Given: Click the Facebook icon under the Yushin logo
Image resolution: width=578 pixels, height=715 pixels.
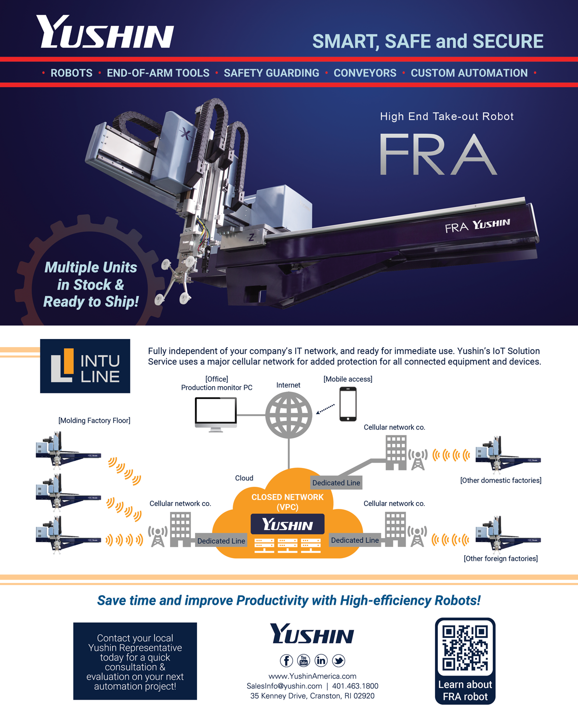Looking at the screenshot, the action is (x=286, y=660).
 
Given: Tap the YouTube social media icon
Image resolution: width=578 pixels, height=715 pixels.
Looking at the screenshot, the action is (x=303, y=660).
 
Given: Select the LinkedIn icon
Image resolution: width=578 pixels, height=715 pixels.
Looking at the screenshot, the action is (x=321, y=660).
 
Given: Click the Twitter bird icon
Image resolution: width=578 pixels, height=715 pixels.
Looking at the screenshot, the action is (x=339, y=660).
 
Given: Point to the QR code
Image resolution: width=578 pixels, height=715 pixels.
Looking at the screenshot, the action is (x=465, y=648).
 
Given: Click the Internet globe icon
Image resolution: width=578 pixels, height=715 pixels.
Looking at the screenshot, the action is (x=289, y=415).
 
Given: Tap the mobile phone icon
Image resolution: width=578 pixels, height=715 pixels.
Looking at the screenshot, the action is (x=348, y=404).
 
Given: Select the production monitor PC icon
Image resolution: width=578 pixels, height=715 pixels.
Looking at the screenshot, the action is (x=216, y=415).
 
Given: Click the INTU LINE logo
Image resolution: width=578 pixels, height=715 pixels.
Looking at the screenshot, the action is (x=85, y=366).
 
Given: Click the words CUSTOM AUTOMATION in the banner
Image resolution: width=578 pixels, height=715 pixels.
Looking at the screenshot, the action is (x=469, y=73).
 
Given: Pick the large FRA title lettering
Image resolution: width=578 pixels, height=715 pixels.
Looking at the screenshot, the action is (x=438, y=155).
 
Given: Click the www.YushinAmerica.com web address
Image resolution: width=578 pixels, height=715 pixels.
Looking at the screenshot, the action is (x=312, y=676).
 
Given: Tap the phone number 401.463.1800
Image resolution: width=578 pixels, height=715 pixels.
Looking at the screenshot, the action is (x=355, y=686).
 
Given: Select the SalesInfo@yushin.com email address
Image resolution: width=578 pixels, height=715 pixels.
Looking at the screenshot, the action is (x=284, y=686).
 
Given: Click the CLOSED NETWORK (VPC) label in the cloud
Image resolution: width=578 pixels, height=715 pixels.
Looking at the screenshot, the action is (x=288, y=502).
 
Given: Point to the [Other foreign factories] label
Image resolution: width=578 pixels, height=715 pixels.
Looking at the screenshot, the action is (x=501, y=558).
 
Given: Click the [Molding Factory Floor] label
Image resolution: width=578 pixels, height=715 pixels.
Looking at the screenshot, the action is (x=94, y=420).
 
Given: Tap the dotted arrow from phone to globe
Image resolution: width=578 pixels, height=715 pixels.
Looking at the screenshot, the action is (x=325, y=409).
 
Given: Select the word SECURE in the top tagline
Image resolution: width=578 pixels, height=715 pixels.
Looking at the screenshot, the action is (x=508, y=41).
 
